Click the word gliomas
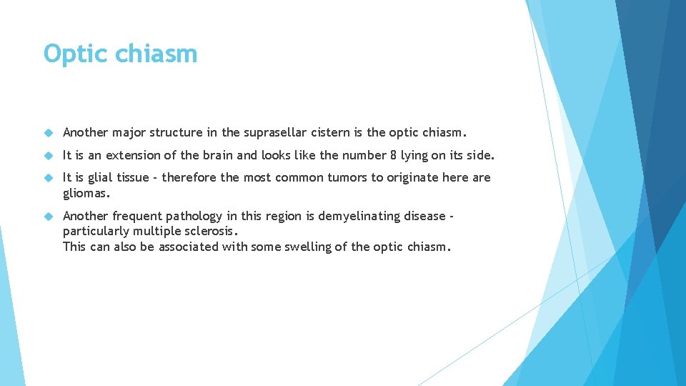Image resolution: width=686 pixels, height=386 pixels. pyautogui.click(x=86, y=193)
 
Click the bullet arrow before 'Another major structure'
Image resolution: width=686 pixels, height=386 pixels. pyautogui.click(x=49, y=133)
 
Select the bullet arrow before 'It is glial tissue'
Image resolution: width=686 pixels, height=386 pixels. pyautogui.click(x=49, y=178)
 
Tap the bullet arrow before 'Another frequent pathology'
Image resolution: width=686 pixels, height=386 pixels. pyautogui.click(x=49, y=217)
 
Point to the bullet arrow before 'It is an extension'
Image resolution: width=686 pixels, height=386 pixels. pyautogui.click(x=49, y=156)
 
